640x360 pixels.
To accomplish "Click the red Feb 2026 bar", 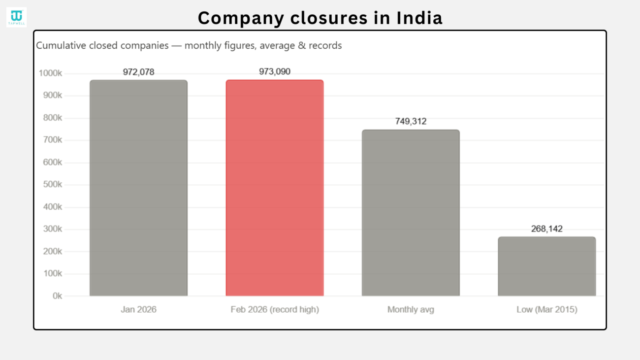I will click(x=275, y=188).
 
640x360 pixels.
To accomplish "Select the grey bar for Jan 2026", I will click(x=138, y=188).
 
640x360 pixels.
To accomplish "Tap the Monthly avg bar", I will click(x=411, y=213).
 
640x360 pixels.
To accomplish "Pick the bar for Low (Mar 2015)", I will click(x=546, y=266).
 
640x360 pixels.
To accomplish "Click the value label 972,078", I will click(x=138, y=72).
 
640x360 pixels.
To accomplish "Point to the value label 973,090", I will click(x=275, y=71).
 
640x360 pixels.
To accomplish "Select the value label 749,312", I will click(x=411, y=121).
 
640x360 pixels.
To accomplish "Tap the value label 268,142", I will click(x=546, y=229).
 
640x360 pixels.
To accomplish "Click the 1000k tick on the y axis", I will click(x=50, y=73).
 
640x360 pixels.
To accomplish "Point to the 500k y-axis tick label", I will click(x=50, y=185).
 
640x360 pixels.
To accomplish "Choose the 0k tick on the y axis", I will click(x=57, y=296).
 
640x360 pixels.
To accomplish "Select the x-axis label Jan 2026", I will click(x=138, y=310).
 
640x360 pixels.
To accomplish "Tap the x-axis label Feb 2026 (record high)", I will click(x=275, y=310).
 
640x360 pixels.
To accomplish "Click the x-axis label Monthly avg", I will click(x=411, y=310).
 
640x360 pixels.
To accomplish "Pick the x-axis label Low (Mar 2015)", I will click(x=546, y=310).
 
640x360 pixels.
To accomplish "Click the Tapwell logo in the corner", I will click(x=16, y=17).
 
